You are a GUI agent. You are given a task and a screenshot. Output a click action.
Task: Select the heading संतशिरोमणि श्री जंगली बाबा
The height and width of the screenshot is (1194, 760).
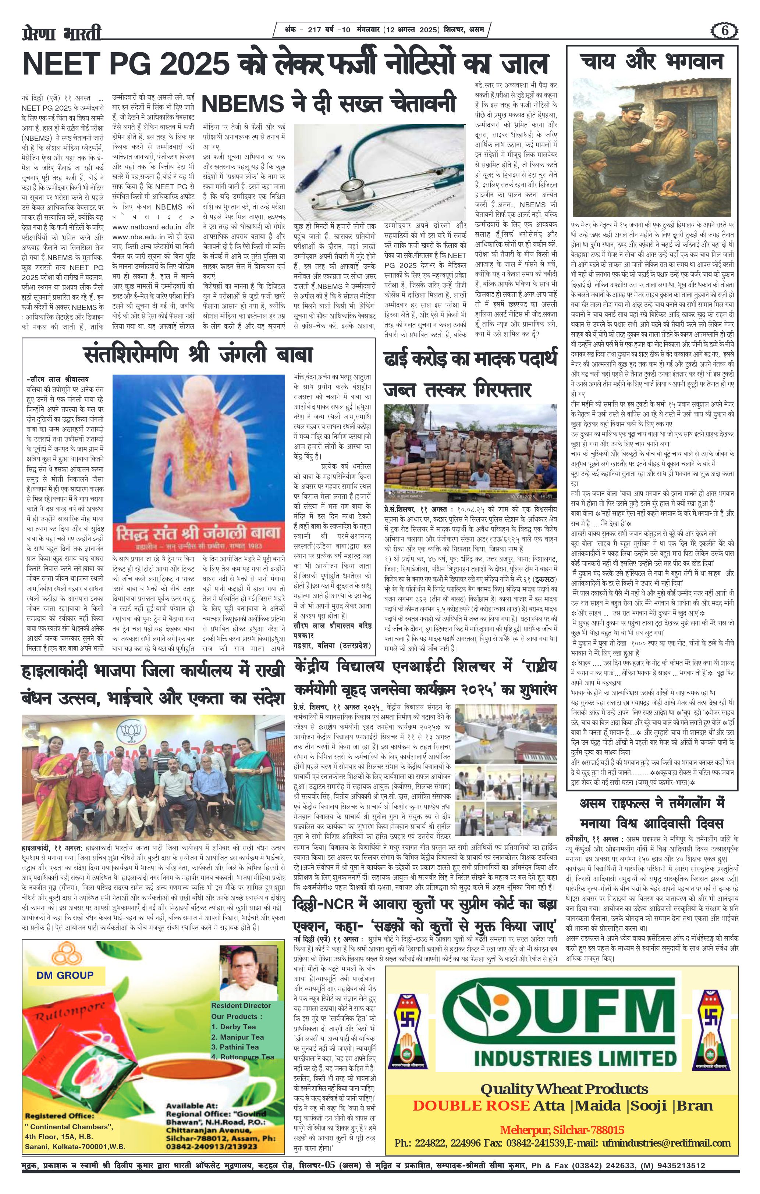pos(198,355)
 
